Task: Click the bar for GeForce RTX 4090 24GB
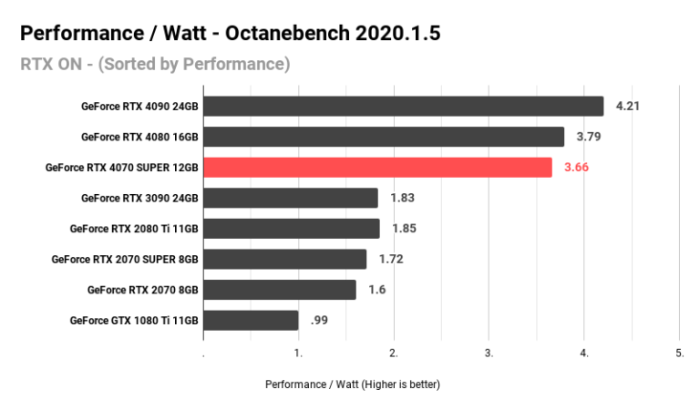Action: coord(403,107)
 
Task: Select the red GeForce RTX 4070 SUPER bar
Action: coord(377,168)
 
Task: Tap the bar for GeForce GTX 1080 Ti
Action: coord(251,320)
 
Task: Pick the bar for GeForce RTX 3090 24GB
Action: coord(290,198)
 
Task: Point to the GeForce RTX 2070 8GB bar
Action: coord(279,290)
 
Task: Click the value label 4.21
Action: coord(628,107)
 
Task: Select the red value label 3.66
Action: coord(577,168)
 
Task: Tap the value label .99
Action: coord(320,320)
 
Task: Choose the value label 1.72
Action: coord(391,259)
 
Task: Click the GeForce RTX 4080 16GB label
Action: coord(139,137)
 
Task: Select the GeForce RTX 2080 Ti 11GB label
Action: coord(134,229)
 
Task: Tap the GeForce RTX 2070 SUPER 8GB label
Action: coord(125,259)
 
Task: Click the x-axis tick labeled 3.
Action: coord(489,353)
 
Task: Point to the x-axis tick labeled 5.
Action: coord(680,353)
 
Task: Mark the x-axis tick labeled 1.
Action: coord(299,353)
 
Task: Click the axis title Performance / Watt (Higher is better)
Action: coord(352,384)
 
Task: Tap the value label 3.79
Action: coord(589,137)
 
